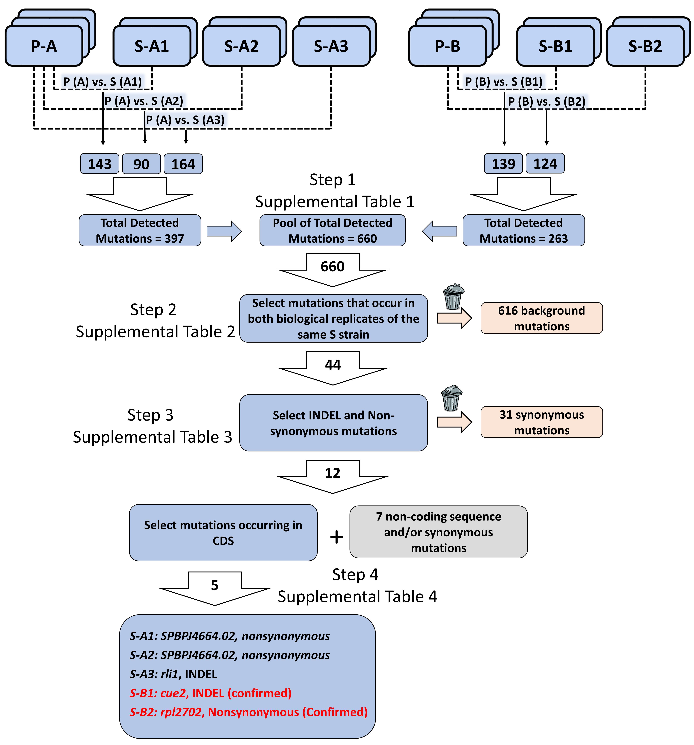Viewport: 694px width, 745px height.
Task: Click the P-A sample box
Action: point(44,46)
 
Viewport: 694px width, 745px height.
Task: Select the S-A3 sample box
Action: point(331,46)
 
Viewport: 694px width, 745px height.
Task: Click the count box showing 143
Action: point(100,164)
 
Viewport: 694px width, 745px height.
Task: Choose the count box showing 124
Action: point(545,163)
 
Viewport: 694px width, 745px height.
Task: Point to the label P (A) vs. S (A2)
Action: point(144,101)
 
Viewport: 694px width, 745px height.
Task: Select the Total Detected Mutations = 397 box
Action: point(140,231)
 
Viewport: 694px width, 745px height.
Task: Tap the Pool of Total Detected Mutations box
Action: point(332,231)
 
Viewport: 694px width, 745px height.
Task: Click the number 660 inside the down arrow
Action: point(332,266)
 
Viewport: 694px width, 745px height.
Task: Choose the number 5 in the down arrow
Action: point(214,585)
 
